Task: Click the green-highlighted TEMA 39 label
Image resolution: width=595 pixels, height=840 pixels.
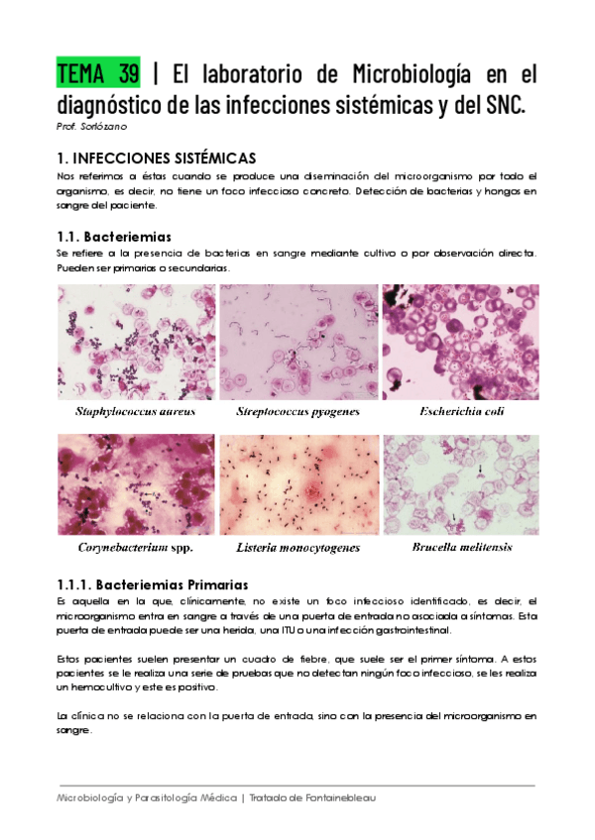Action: click(98, 74)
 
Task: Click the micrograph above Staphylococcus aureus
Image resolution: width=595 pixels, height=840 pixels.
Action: click(136, 343)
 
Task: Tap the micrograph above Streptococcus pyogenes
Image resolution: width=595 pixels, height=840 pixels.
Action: click(298, 343)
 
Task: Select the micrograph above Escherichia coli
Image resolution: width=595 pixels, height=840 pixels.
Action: click(461, 343)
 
